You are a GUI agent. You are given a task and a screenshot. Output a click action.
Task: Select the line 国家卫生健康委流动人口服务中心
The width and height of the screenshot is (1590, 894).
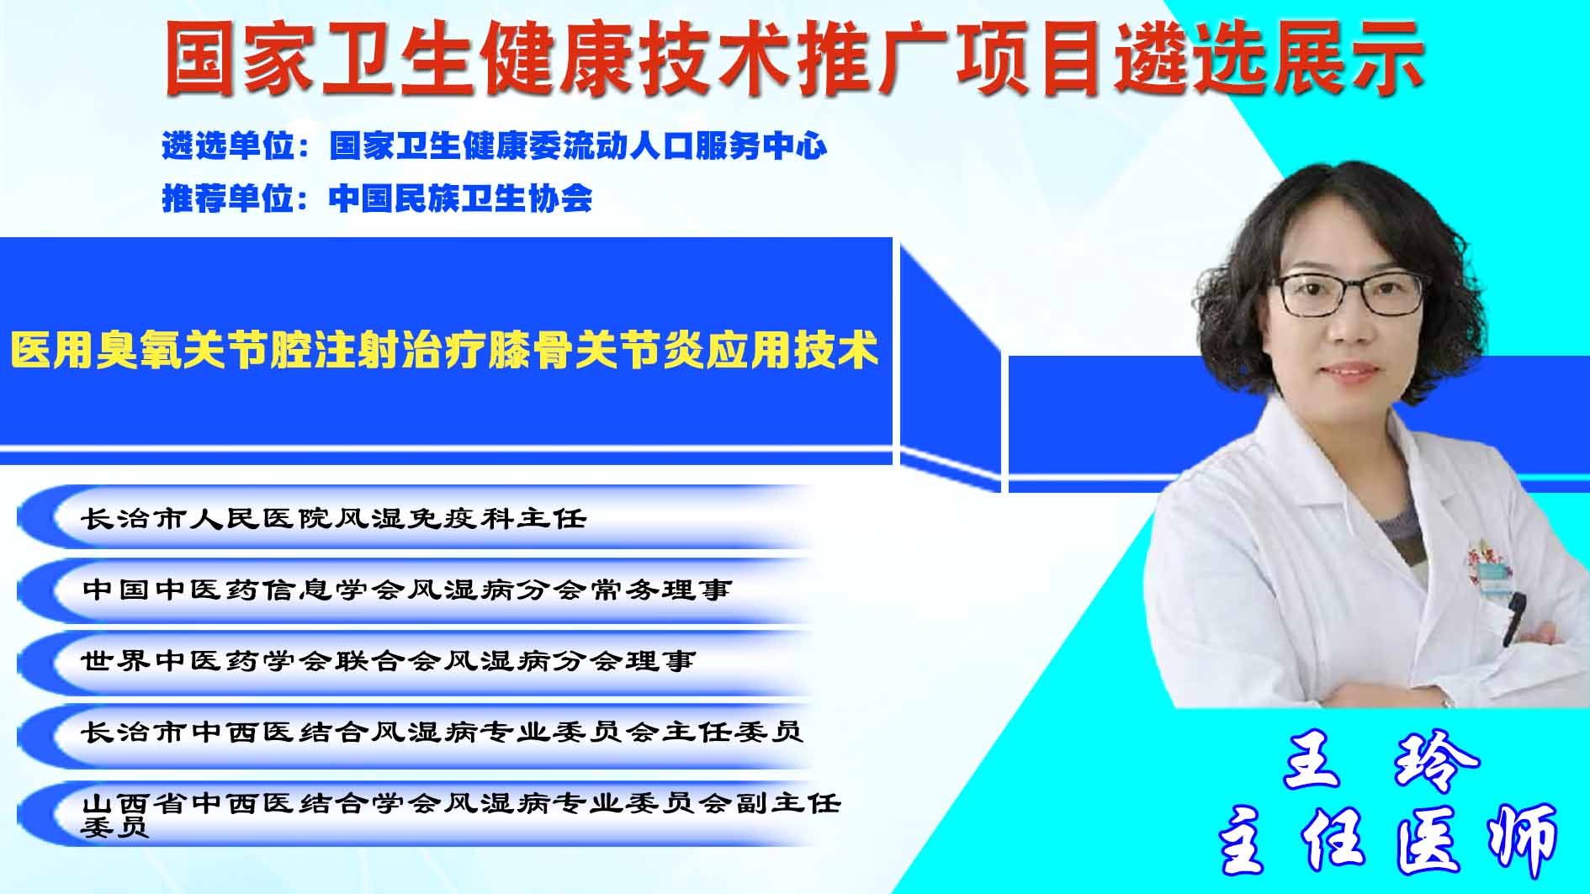578,145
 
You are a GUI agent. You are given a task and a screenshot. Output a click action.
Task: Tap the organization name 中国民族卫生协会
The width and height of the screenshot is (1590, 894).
460,198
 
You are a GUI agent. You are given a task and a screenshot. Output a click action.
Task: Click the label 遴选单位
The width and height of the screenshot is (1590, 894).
228,145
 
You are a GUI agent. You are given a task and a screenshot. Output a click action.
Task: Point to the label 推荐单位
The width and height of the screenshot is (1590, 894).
228,198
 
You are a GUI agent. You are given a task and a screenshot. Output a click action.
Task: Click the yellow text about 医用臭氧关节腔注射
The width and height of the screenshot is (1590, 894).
444,349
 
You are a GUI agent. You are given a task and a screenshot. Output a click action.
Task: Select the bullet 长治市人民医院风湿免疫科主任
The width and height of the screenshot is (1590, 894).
334,517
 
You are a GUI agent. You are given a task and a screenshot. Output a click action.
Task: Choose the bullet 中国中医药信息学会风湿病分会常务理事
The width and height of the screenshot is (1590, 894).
407,589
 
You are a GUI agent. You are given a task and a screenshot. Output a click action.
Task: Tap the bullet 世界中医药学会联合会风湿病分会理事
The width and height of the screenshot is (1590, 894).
389,660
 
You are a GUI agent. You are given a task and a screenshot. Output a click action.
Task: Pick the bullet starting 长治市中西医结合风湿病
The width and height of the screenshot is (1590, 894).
443,732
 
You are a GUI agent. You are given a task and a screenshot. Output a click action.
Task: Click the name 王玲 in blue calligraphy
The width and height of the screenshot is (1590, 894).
1381,760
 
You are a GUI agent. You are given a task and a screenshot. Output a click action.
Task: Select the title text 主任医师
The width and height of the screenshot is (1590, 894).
1388,839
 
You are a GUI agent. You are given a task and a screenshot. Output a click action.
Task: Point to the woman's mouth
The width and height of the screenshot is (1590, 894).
1348,371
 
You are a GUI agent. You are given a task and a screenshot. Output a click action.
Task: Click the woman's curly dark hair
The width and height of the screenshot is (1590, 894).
1245,278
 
